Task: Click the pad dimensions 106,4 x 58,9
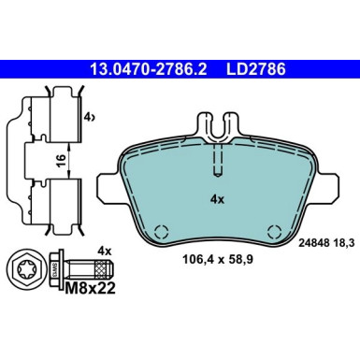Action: tap(215, 265)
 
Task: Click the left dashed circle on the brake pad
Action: tap(159, 231)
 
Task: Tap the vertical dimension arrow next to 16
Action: tap(69, 160)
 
